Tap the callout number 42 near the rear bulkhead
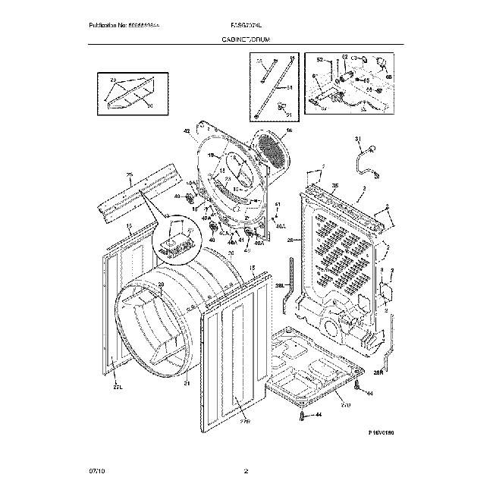[186, 132]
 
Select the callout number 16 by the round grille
[288, 130]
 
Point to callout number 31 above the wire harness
[357, 138]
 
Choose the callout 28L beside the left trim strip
[278, 285]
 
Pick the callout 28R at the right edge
[378, 372]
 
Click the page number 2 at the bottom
[246, 473]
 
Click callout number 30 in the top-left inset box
[149, 105]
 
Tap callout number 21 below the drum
[186, 383]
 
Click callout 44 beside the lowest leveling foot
[319, 415]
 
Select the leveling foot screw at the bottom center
[304, 416]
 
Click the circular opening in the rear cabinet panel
[332, 327]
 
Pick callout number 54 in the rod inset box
[288, 87]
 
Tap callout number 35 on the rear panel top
[335, 186]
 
